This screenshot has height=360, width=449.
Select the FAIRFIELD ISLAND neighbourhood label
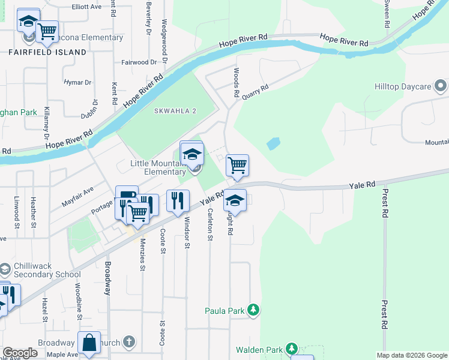[x=47, y=52]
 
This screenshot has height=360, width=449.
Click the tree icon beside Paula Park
[x=254, y=310]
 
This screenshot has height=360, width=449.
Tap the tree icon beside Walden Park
[x=292, y=349]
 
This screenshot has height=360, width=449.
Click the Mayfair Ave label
[x=77, y=197]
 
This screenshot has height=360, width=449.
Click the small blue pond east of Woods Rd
[x=273, y=143]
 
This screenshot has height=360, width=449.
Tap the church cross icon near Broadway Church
[x=128, y=342]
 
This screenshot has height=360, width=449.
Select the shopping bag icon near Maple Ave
[x=89, y=343]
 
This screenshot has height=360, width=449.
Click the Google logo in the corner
[x=20, y=353]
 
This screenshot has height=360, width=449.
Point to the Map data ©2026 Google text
[x=411, y=355]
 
